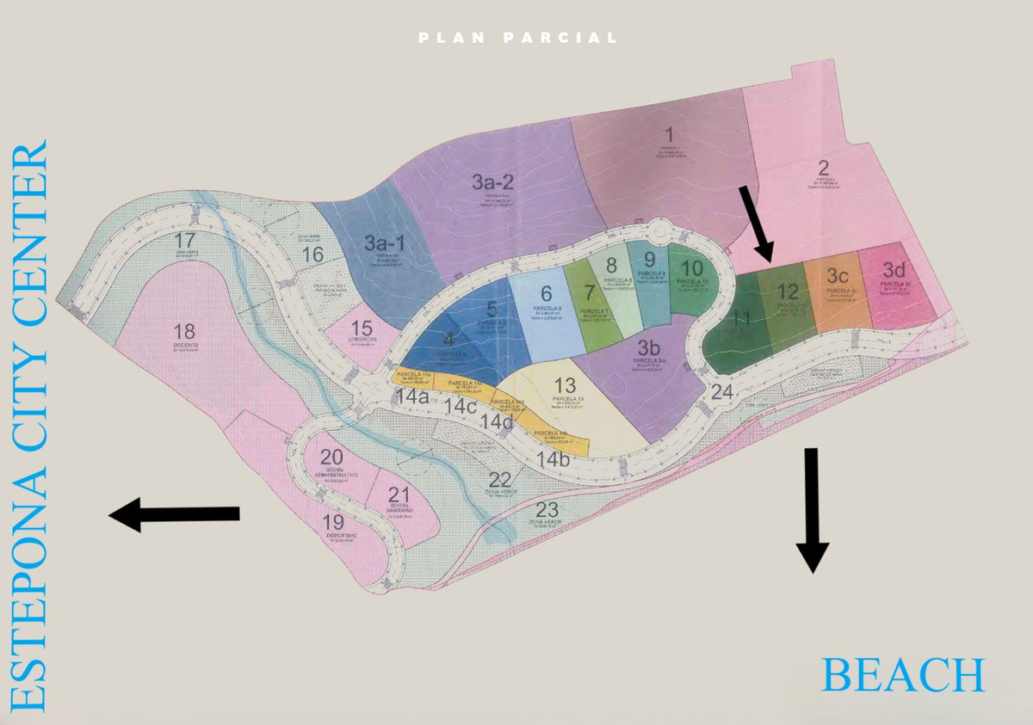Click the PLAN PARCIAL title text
[x=517, y=38]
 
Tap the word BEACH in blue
[x=902, y=674]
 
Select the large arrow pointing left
[x=174, y=513]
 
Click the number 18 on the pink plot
[x=184, y=332]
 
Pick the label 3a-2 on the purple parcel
[x=492, y=181]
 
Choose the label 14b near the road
[x=552, y=460]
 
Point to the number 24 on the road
[x=722, y=393]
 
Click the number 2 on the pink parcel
[x=823, y=167]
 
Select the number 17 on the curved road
[x=184, y=240]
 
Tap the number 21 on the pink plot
[x=399, y=495]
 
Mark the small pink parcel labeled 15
[x=362, y=329]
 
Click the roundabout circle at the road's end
[x=659, y=229]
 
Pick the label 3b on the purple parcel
[x=648, y=347]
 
